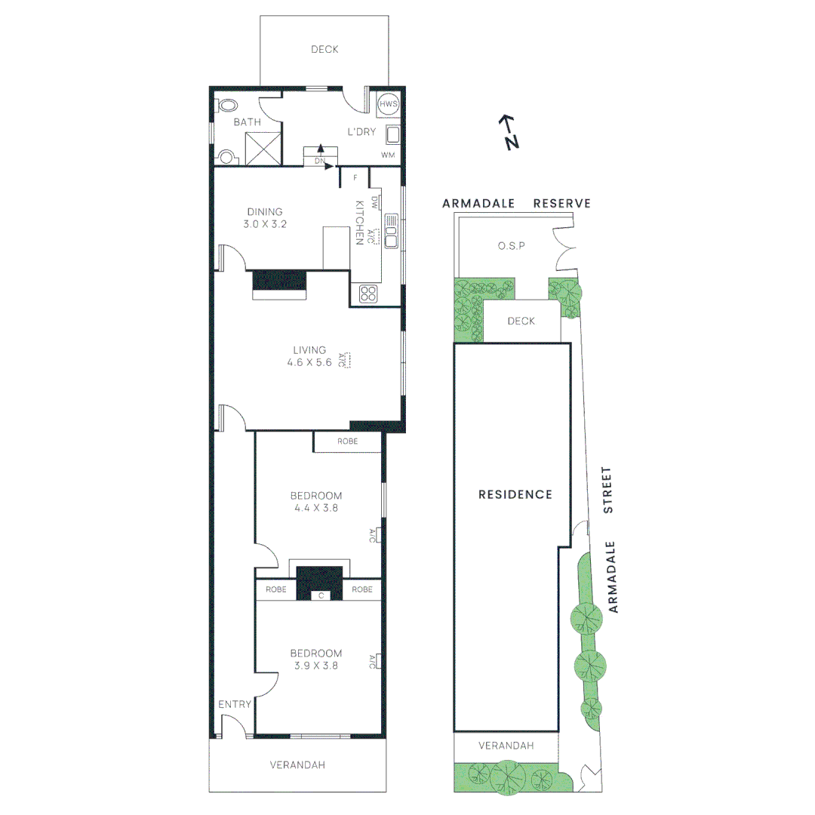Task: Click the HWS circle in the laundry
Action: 388,104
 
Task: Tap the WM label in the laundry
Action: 388,155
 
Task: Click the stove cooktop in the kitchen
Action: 368,294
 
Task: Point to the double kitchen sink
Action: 391,231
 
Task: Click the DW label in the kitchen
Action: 375,201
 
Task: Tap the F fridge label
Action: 355,179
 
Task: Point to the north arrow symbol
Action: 510,132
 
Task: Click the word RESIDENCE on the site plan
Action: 515,495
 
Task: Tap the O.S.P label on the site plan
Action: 511,246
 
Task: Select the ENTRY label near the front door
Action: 235,704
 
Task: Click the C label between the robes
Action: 321,596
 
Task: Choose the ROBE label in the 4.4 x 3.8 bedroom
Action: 348,441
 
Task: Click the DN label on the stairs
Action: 319,161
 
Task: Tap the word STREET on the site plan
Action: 608,491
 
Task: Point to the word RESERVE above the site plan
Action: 561,204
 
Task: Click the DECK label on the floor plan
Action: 324,50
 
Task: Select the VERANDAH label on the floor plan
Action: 297,764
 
